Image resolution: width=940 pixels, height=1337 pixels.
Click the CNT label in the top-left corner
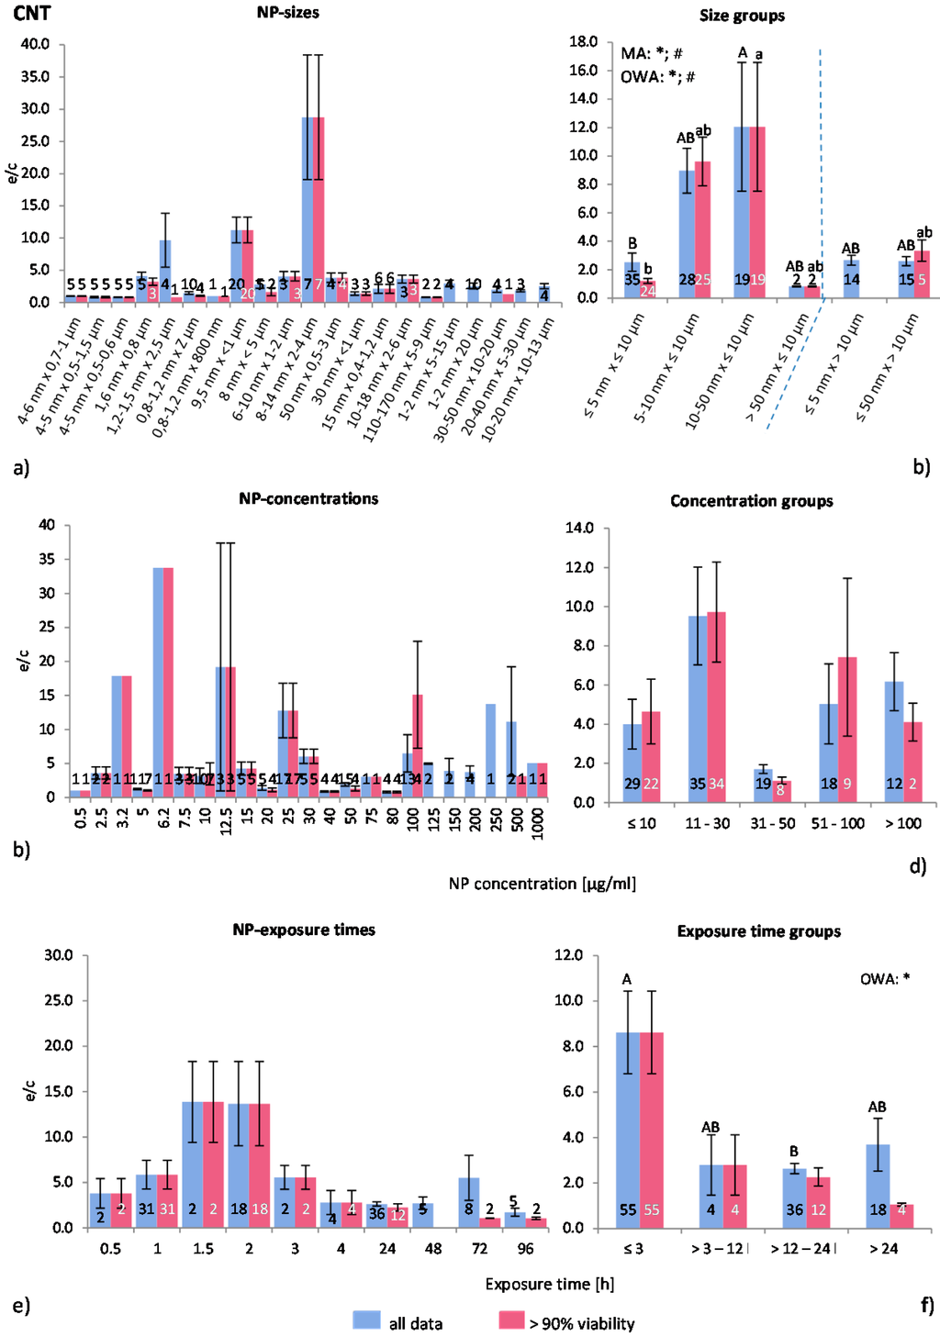point(31,13)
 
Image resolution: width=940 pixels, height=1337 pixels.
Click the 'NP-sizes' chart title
point(288,13)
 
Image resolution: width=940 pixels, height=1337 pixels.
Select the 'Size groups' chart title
point(742,16)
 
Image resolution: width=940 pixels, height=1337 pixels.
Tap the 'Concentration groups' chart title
point(751,501)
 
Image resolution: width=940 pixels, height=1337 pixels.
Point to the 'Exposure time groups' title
point(758,931)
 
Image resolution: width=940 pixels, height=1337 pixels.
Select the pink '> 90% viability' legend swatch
point(511,1320)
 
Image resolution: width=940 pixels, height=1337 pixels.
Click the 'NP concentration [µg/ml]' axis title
point(542,884)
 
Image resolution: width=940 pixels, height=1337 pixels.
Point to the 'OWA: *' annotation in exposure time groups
point(885,979)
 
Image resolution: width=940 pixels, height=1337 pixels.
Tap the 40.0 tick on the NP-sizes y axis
point(35,44)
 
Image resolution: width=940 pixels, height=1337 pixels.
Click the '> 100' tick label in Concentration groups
point(903,824)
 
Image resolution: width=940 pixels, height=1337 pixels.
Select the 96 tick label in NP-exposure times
point(526,1249)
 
